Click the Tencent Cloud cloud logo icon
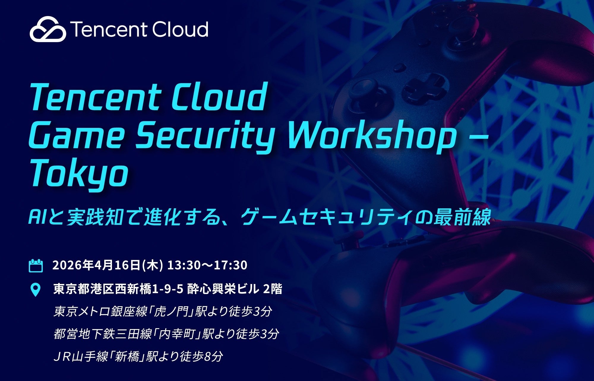(x=48, y=29)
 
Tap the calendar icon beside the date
(x=36, y=266)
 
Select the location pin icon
(x=36, y=290)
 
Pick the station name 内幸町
(x=178, y=334)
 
